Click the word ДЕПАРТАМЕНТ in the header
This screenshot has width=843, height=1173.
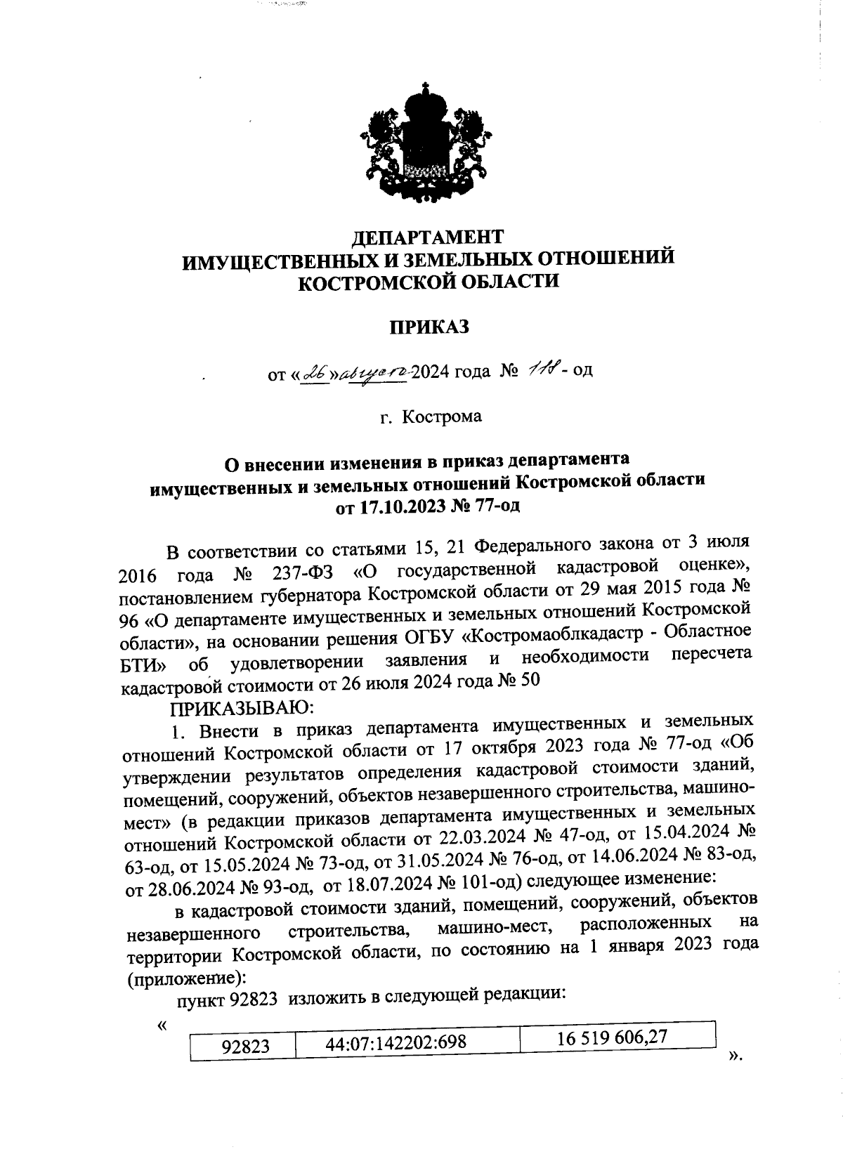pyautogui.click(x=428, y=235)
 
